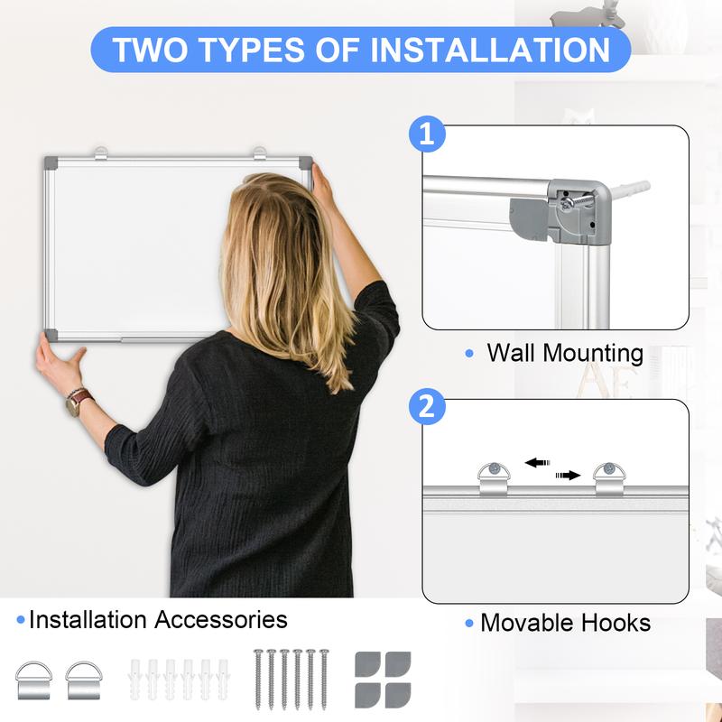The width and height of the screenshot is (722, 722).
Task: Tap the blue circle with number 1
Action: coord(427,135)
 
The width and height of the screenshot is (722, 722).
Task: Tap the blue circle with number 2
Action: coord(427,406)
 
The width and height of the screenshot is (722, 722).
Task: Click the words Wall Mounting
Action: coord(565,353)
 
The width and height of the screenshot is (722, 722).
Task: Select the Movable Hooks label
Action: coord(565,622)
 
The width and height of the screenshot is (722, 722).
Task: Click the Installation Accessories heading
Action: coord(158,620)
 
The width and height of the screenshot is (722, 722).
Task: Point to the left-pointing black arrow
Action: coord(538,462)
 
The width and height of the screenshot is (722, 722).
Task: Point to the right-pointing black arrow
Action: coord(568,475)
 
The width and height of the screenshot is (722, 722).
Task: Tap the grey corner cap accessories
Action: coord(383,679)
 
